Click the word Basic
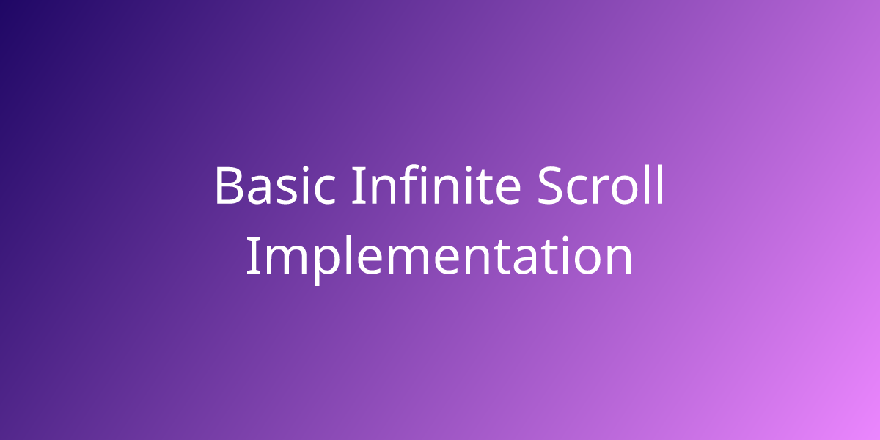coord(275,186)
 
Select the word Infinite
coord(436,184)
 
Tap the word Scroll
coord(601,185)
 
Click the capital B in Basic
coord(228,186)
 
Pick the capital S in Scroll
coord(549,186)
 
